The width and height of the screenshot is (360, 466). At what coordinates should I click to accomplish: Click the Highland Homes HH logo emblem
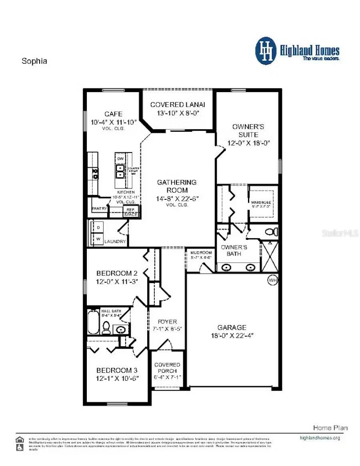[x=266, y=51]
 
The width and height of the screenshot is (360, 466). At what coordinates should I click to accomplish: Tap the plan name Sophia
[x=34, y=61]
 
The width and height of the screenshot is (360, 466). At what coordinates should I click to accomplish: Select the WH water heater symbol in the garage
[x=272, y=280]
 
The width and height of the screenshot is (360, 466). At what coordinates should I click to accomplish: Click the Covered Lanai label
[x=178, y=104]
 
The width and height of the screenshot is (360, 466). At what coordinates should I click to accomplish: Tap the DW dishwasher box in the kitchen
[x=120, y=159]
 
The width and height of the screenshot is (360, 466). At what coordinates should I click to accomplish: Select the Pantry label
[x=99, y=209]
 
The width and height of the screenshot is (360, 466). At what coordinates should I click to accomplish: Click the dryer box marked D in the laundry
[x=98, y=227]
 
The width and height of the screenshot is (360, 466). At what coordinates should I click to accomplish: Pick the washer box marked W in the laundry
[x=98, y=239]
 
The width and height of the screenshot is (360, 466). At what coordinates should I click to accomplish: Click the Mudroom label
[x=201, y=253]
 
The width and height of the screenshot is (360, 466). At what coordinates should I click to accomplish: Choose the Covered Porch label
[x=167, y=368]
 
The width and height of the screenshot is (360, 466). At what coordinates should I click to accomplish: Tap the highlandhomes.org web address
[x=320, y=438]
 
